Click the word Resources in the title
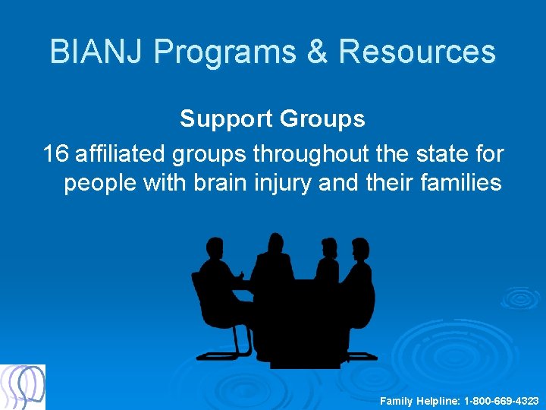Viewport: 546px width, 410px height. coord(417,52)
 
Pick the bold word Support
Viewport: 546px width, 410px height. coord(227,119)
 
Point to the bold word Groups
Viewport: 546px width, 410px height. coord(322,119)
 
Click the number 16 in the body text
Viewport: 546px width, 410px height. coord(56,153)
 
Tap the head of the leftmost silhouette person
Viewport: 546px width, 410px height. coord(214,249)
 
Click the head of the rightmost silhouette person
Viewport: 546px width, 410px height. coord(359,249)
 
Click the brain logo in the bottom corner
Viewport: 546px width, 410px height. coord(23,387)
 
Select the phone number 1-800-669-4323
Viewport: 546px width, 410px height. coord(501,400)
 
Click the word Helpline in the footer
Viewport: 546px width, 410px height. coord(438,400)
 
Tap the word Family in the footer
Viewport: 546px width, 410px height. coord(397,400)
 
